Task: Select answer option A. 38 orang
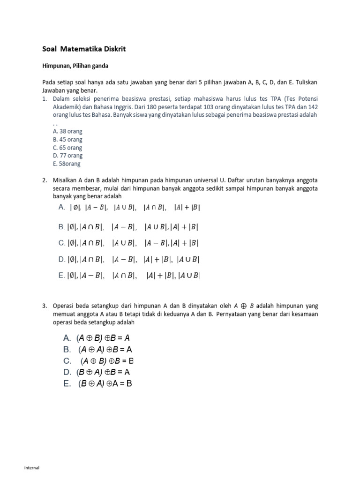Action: (x=67, y=132)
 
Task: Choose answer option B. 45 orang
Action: (x=67, y=140)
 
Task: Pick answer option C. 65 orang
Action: (x=67, y=148)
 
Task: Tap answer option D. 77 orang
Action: (x=67, y=156)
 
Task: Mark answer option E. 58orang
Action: (x=67, y=164)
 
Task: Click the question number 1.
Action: (x=45, y=99)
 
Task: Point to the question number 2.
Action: (x=45, y=180)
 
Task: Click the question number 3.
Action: (x=45, y=306)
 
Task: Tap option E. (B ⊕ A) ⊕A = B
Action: (x=98, y=383)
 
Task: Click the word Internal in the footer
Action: (x=32, y=468)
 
